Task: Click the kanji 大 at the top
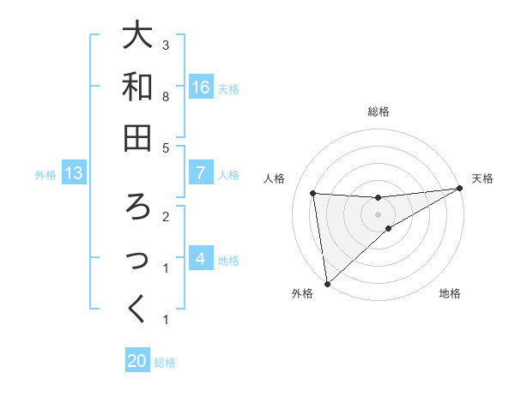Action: point(137,36)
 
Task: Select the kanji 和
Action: point(137,87)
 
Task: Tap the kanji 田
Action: point(137,137)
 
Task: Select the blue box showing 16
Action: point(201,87)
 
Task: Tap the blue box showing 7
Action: point(201,173)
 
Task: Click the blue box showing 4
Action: point(201,258)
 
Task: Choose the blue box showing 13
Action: point(74,173)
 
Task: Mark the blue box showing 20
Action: point(137,361)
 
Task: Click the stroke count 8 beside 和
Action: point(166,97)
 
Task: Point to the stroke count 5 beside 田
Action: point(166,148)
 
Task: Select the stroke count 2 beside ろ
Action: point(166,217)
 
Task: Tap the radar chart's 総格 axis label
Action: point(378,111)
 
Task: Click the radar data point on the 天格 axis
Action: point(460,189)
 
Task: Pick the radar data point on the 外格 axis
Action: point(327,283)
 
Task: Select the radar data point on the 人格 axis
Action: point(313,194)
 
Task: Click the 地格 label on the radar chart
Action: point(450,294)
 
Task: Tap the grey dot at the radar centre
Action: point(378,214)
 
